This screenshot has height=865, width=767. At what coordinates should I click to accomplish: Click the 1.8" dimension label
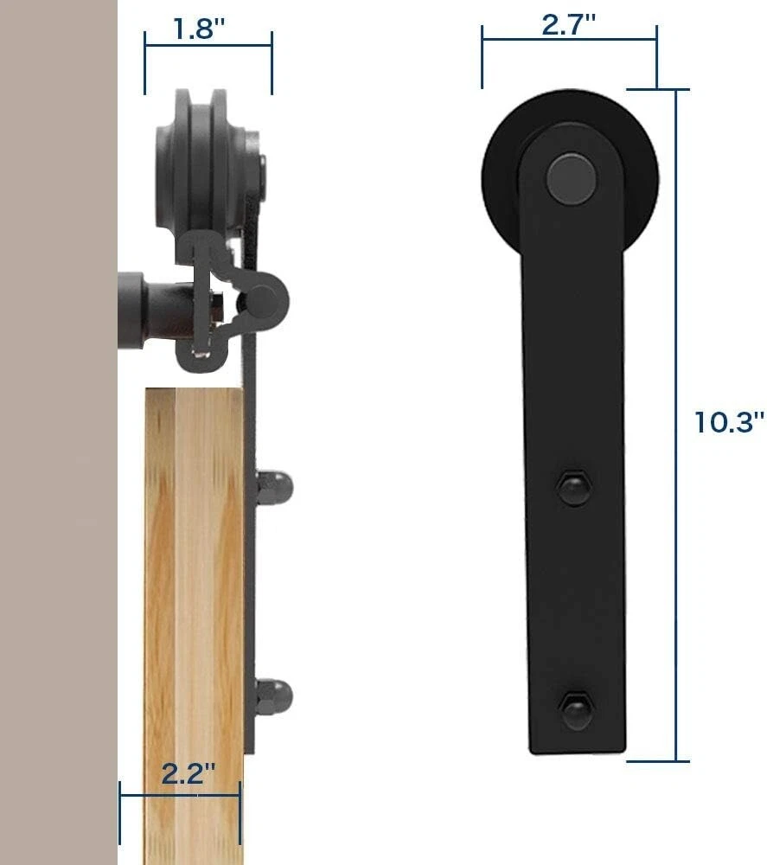coord(200,29)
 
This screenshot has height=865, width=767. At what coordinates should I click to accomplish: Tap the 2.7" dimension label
coord(568,25)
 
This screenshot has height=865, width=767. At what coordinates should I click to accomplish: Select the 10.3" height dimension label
coord(729,422)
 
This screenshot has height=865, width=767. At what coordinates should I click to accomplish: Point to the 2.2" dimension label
coord(188,773)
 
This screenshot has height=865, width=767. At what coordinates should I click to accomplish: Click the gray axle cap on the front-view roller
coord(572,180)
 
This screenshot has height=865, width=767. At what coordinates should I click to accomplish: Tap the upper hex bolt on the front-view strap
coord(573,488)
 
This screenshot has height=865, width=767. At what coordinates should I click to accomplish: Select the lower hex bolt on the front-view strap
coord(576,710)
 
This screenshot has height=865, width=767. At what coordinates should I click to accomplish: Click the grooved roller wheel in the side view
coord(201,165)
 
